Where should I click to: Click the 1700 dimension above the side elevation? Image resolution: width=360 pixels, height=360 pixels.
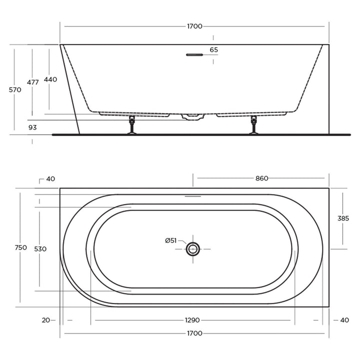[194, 26]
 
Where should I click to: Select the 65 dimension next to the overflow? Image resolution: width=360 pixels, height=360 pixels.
[214, 50]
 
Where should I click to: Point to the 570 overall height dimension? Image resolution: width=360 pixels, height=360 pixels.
[15, 90]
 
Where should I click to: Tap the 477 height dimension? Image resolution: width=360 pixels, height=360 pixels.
[33, 82]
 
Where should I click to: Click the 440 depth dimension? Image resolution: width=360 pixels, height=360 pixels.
[50, 79]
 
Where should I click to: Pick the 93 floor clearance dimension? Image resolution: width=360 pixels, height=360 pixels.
[32, 127]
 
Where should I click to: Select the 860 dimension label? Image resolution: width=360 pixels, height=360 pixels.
[261, 178]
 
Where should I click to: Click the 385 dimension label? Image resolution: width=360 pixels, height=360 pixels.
[343, 218]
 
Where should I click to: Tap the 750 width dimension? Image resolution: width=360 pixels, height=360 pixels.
[20, 247]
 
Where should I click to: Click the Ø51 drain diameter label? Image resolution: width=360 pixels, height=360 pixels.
[171, 240]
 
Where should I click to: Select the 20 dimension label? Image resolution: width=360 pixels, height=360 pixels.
[46, 320]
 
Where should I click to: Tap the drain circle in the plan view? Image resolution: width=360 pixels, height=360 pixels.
[193, 248]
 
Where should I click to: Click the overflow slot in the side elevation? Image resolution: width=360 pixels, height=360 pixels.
[193, 55]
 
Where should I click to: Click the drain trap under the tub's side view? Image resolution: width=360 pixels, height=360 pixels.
[193, 117]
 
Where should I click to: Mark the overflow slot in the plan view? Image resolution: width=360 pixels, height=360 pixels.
[193, 196]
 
